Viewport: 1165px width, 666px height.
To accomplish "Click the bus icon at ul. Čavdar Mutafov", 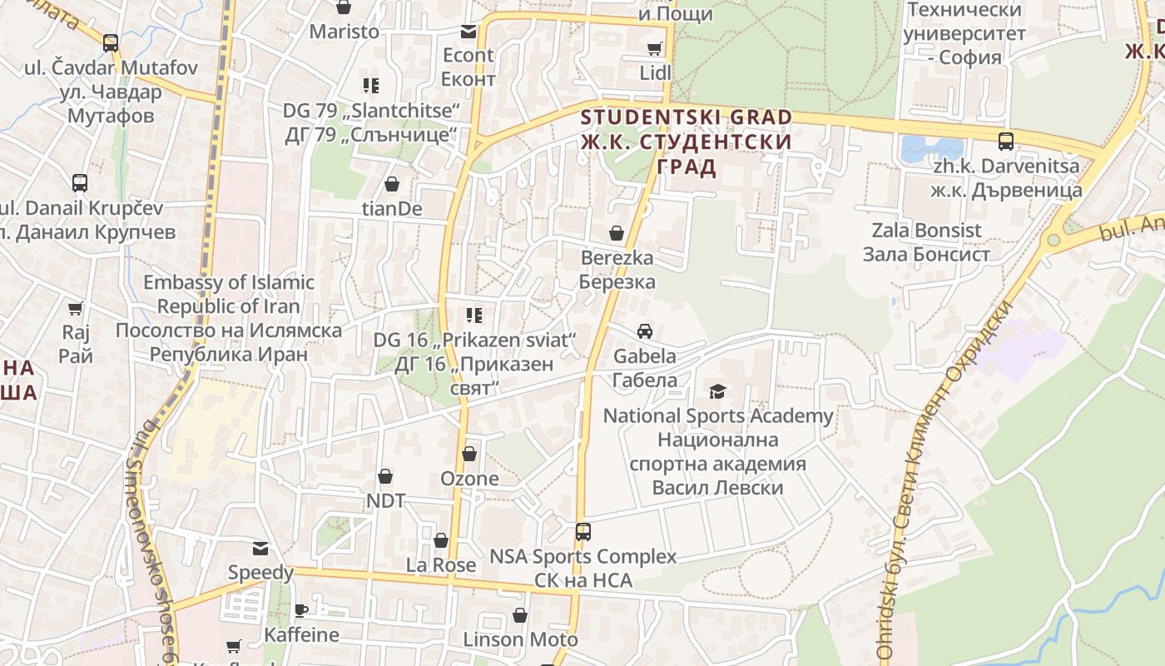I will pos(111,42).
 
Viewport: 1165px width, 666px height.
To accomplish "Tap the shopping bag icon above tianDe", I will pos(392,184).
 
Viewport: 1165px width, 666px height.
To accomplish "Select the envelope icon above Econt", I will pos(468,32).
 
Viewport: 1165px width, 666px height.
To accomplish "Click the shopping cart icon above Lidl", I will pos(655,48).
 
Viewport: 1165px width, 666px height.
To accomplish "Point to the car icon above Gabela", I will pos(645,331).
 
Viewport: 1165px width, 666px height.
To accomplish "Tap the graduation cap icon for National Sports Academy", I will pos(717,391).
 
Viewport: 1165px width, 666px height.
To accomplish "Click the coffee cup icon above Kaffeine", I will pos(301,610).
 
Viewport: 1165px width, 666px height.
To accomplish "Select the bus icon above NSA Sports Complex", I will pos(583,531).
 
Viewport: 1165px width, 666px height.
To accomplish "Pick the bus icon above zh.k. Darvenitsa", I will pos(1006,141).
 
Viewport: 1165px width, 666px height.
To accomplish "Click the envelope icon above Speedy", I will pos(261,548).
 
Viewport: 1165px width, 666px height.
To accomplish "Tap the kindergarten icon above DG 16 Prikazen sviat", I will pos(474,316).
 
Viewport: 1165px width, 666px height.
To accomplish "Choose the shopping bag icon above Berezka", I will pos(617,233).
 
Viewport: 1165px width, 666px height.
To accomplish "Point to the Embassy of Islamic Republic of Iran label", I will pos(229,318).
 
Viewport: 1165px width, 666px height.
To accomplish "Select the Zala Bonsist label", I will pos(926,241).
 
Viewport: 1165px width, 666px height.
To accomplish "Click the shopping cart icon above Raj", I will pos(76,309).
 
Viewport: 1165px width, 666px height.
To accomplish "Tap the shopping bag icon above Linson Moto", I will pos(520,616).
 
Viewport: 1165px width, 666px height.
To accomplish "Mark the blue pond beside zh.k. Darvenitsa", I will pos(929,148).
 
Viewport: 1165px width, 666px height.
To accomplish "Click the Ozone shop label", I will pos(469,479).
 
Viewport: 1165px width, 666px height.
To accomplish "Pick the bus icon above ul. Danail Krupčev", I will pos(80,183).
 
